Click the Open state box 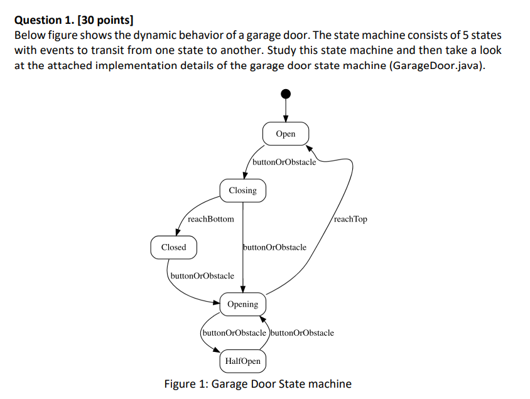pos(286,134)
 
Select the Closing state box pos(242,191)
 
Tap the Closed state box pos(173,247)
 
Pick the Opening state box pos(242,304)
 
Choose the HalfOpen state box pos(242,361)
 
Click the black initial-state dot pos(286,94)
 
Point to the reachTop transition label pos(350,219)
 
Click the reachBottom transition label pos(210,219)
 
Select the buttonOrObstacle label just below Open pos(284,162)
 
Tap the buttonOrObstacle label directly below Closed pos(202,275)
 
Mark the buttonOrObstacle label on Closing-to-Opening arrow pos(275,247)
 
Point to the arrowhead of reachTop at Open pos(309,148)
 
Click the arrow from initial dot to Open pos(286,110)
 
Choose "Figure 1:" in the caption pos(186,384)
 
